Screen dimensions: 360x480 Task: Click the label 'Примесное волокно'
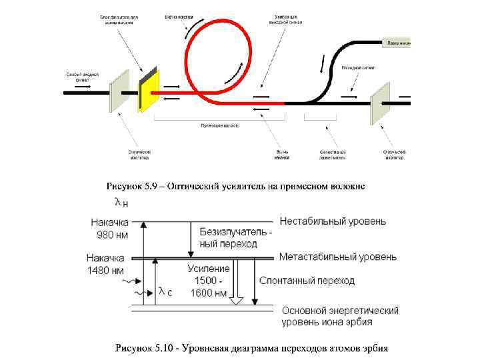click(x=219, y=125)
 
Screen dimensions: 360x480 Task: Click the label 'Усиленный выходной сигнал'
click(x=289, y=19)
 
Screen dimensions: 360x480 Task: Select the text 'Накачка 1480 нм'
click(x=105, y=264)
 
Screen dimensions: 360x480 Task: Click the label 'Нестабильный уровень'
click(x=333, y=221)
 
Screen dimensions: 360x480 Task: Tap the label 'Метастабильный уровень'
click(x=338, y=257)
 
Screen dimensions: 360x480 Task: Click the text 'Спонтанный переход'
click(x=307, y=281)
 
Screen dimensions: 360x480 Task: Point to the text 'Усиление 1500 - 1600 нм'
click(x=208, y=280)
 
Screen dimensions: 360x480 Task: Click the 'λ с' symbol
click(x=165, y=291)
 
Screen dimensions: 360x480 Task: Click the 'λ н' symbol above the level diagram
click(x=121, y=202)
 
